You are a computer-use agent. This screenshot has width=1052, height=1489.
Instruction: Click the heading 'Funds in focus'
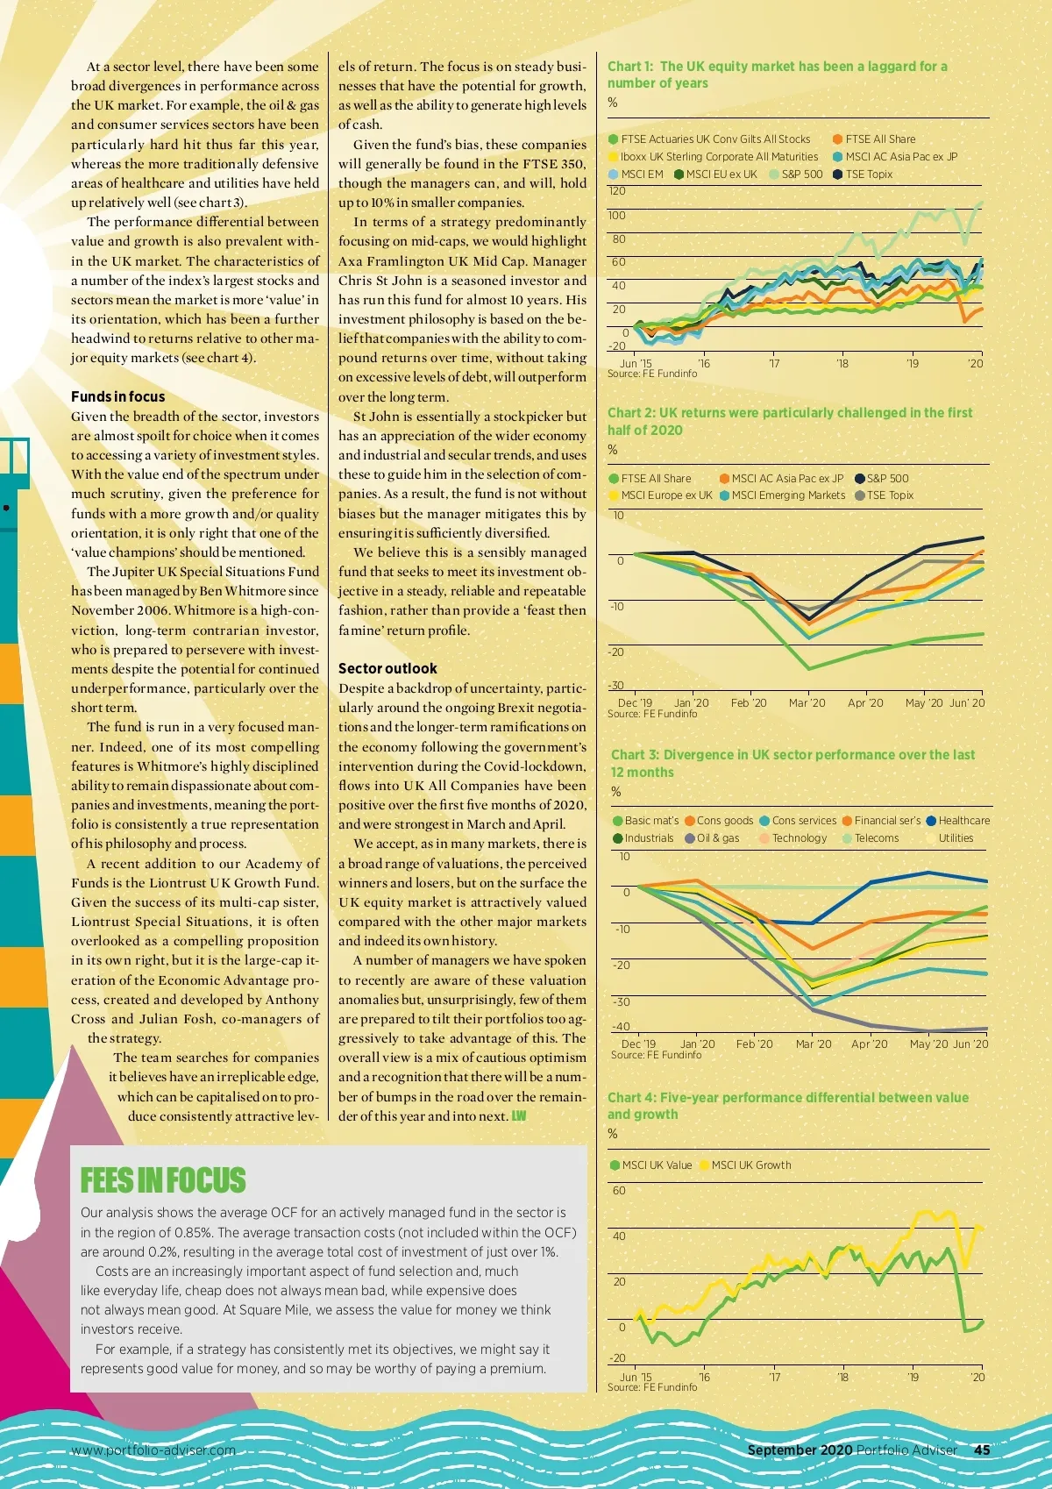[x=117, y=396]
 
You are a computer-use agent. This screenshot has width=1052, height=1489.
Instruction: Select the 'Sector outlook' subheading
[x=387, y=668]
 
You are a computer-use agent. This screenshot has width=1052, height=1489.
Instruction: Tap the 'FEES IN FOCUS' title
[x=163, y=1180]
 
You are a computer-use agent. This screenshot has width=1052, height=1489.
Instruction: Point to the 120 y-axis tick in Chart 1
[x=617, y=191]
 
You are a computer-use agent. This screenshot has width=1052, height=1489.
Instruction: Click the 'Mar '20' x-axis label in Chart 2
[x=807, y=702]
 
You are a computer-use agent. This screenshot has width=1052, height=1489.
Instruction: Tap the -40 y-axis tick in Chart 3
[x=621, y=1026]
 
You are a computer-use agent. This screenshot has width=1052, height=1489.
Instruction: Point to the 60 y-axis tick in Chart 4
[x=619, y=1190]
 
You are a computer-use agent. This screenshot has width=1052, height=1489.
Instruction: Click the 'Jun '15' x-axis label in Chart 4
[x=636, y=1377]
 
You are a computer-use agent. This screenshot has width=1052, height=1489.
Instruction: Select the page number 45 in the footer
[x=982, y=1450]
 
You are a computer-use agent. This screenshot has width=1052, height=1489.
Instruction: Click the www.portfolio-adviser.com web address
[x=153, y=1450]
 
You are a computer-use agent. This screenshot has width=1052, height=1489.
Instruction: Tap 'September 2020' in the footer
[x=799, y=1450]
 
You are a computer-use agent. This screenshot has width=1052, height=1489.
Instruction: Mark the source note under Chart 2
[x=652, y=714]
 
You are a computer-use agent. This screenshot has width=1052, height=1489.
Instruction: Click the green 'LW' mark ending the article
[x=519, y=1116]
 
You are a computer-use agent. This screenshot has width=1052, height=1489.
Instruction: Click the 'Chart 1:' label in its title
[x=630, y=66]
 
